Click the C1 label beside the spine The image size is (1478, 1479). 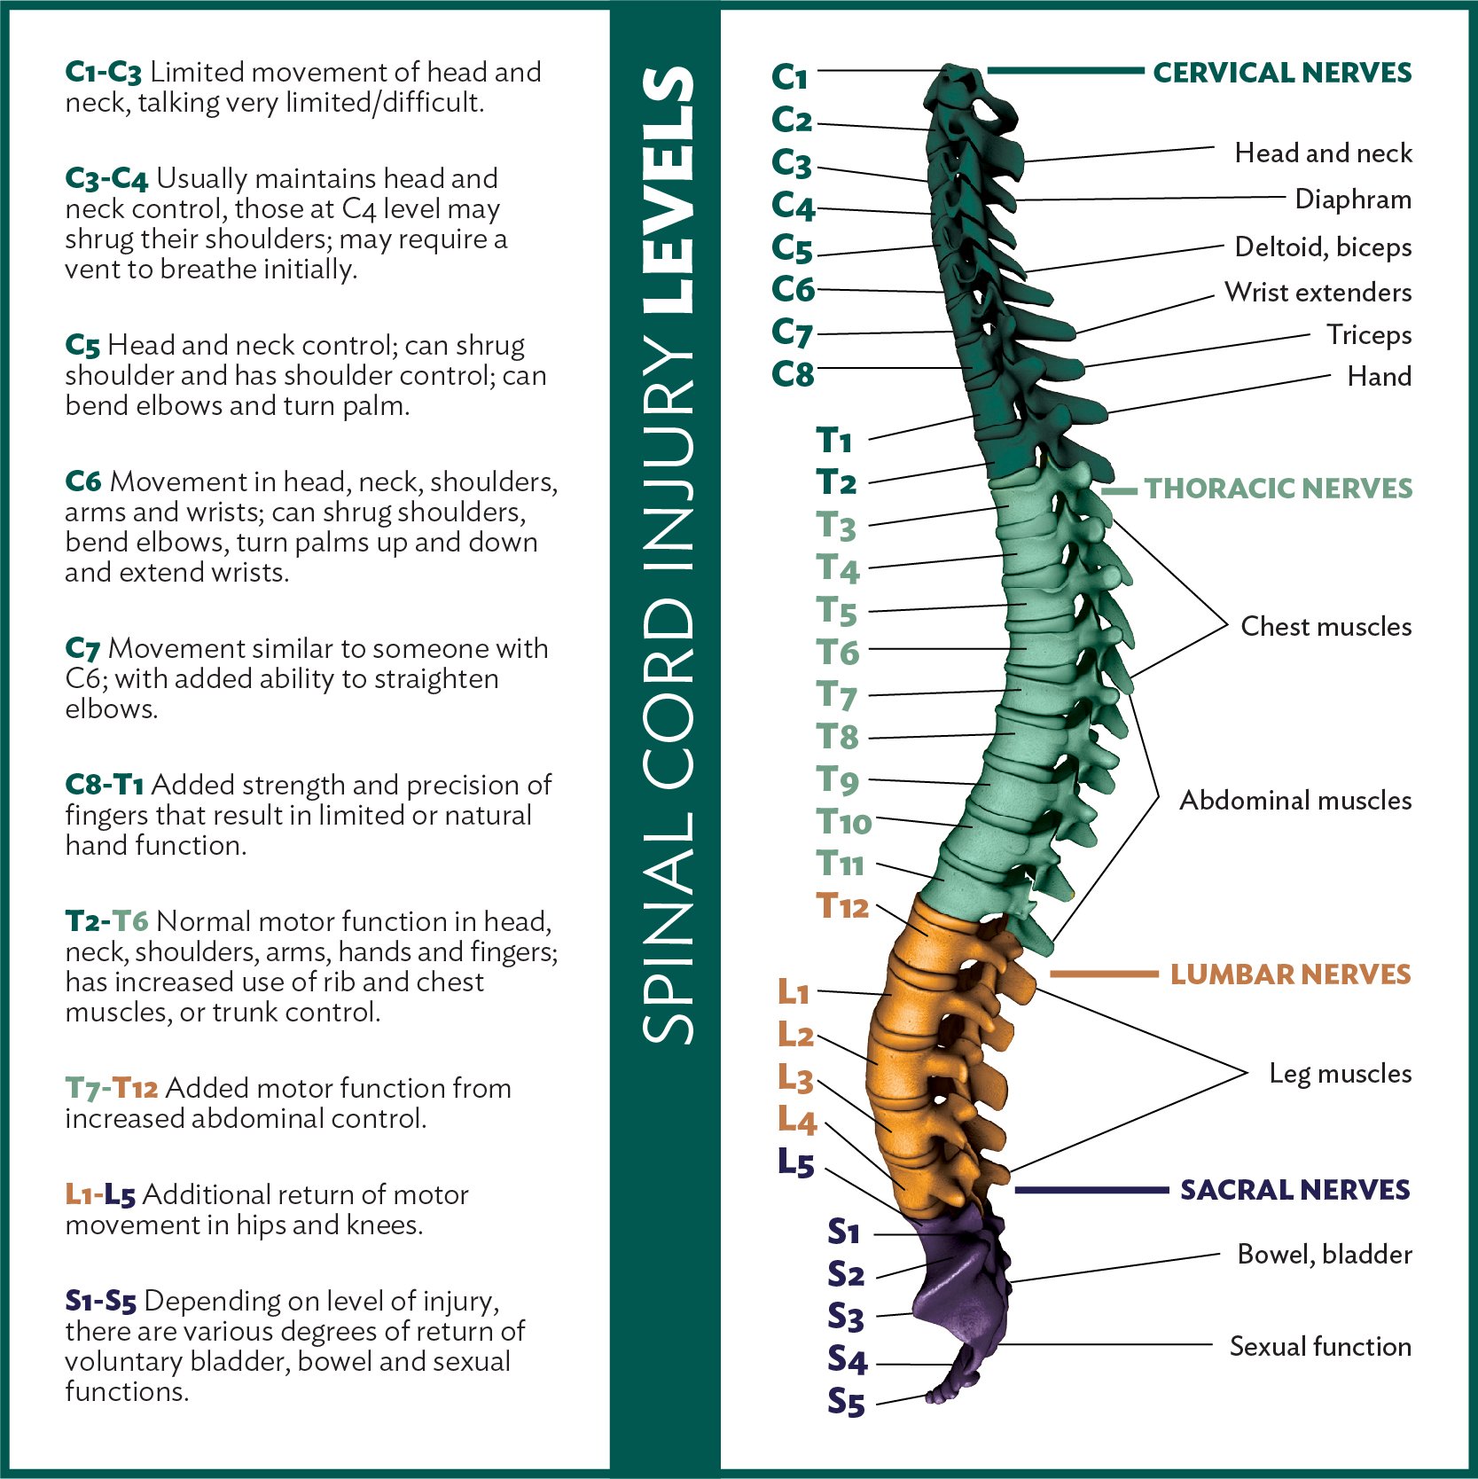pos(789,77)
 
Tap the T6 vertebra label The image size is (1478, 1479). pos(838,653)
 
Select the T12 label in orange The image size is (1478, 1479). pos(841,906)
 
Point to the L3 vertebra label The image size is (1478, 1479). pos(795,1078)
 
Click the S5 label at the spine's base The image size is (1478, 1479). pos(846,1403)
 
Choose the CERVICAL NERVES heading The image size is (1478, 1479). pos(1282,73)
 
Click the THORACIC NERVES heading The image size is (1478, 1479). pos(1278,489)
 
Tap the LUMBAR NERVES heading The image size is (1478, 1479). pos(1290,974)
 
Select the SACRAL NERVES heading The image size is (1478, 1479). pos(1294,1190)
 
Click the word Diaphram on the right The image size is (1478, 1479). pos(1353,200)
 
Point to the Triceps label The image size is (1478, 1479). pos(1369,335)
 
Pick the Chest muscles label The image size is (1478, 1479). pos(1326,627)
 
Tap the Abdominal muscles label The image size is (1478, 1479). pos(1294,801)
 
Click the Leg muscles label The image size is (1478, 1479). pos(1340,1074)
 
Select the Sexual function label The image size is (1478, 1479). pos(1320,1347)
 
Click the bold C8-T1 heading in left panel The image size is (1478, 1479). pos(105,785)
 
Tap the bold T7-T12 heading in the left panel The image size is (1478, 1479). pos(112,1088)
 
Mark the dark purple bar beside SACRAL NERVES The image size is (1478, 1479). pos(1091,1190)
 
